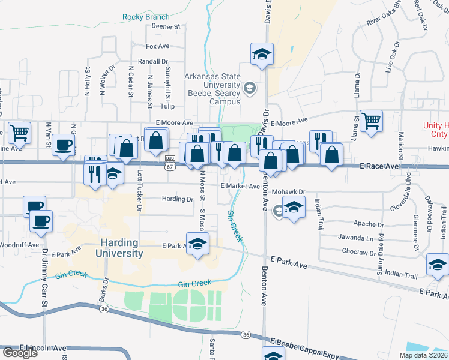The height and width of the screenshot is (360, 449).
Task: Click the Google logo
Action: coord(20,353)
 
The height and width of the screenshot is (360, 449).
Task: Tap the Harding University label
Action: coord(118,248)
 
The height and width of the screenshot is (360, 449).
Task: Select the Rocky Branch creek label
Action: coord(146,17)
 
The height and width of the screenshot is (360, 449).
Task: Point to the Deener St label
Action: coord(166,27)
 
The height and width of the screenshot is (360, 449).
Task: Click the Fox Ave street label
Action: coord(158,46)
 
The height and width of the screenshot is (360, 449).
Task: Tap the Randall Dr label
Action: coord(152,61)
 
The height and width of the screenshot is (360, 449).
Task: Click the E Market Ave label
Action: coord(240,186)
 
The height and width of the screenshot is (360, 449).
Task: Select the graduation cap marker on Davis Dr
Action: coord(262,54)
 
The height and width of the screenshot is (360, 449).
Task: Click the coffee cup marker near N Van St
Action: coord(64,145)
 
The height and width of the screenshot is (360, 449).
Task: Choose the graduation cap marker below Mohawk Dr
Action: coord(293,208)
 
